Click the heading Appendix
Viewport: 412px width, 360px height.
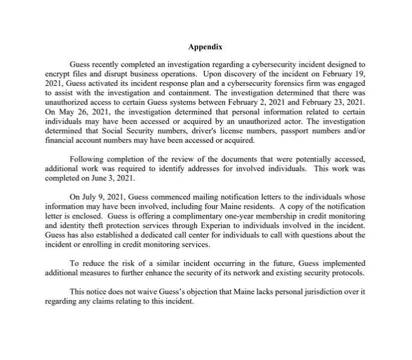coord(205,47)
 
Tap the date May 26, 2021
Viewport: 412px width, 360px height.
coord(82,112)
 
